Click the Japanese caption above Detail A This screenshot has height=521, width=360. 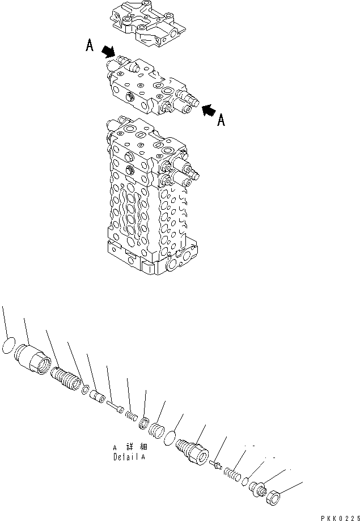129,447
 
